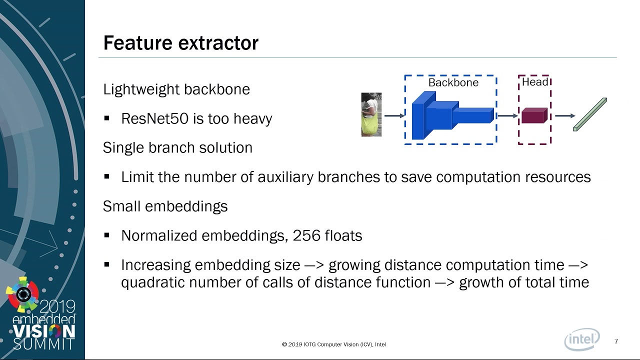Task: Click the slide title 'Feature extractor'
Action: coord(181,43)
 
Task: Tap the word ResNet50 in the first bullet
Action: coord(155,118)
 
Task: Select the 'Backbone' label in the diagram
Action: coord(453,82)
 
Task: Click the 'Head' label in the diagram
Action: coord(535,82)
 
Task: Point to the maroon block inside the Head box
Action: coord(534,115)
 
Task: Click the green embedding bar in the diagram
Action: coord(590,114)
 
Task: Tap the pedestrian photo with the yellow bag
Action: coord(371,114)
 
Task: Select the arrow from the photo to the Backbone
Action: coord(394,115)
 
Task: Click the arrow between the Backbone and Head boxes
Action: coord(507,115)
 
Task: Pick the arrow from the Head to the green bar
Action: coord(565,115)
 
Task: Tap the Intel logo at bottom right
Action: coord(582,339)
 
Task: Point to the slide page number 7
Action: coord(616,341)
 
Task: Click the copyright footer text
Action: coord(334,344)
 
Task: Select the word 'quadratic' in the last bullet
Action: coord(153,283)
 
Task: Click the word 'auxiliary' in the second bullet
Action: coord(285,177)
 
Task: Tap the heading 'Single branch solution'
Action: coord(177,148)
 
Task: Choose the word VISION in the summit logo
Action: coord(44,331)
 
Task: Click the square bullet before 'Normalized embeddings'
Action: coord(107,235)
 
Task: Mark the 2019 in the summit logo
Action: coord(57,307)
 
